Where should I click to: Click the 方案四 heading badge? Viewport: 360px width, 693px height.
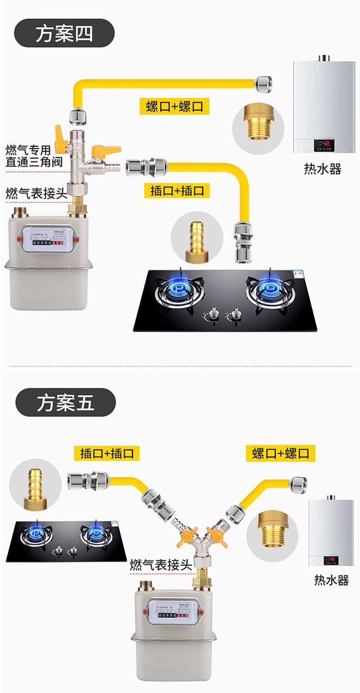(64, 33)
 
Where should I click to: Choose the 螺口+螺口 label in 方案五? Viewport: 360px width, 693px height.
(281, 453)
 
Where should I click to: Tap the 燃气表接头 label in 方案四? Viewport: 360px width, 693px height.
(36, 192)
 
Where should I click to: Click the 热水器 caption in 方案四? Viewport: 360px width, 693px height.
(323, 169)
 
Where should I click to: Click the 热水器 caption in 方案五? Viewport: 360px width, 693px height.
(331, 580)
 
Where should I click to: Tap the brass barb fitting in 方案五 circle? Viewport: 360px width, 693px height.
(35, 484)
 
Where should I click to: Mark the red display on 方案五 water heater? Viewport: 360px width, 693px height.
(331, 559)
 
